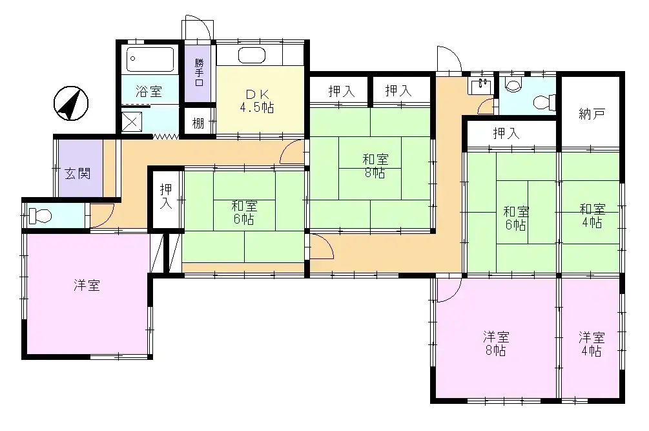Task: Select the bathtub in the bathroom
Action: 150,60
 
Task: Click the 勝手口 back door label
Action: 199,72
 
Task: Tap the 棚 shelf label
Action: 198,122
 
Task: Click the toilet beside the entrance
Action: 39,215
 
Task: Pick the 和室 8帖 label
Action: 375,166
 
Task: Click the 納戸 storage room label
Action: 592,114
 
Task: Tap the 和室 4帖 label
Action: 592,215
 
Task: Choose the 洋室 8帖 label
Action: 496,344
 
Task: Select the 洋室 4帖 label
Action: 591,344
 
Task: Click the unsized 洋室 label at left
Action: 87,285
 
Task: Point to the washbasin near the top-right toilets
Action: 479,87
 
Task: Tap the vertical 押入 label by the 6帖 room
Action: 166,195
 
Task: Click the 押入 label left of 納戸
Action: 506,134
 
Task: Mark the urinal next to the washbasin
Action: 515,84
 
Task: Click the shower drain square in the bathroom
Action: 131,121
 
